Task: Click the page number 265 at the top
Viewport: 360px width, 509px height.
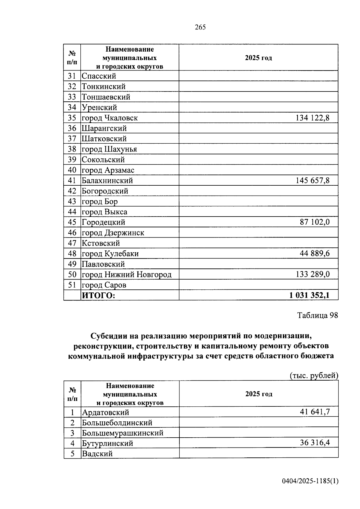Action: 200,27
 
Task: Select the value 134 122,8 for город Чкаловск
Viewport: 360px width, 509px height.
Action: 312,118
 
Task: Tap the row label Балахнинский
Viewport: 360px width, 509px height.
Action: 107,181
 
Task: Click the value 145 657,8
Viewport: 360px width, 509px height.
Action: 312,181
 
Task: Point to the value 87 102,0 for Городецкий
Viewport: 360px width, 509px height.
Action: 314,222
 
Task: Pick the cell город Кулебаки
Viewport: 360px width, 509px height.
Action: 110,254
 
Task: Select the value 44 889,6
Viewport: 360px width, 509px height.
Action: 314,254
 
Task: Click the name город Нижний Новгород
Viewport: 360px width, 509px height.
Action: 127,274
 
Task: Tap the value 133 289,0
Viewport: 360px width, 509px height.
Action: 312,274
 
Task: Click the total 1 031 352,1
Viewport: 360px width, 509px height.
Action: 309,295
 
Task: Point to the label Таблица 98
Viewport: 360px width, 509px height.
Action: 317,315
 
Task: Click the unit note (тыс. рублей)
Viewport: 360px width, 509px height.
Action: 314,376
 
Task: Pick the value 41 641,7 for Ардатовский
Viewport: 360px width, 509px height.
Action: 315,412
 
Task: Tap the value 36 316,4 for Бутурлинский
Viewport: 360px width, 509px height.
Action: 315,443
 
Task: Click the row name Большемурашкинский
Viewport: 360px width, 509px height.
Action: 123,433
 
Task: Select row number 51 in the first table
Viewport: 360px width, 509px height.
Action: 72,285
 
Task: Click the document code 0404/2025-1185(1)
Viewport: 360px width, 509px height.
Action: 310,481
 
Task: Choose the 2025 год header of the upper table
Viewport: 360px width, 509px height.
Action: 258,58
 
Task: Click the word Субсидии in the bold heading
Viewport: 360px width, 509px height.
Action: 108,336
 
